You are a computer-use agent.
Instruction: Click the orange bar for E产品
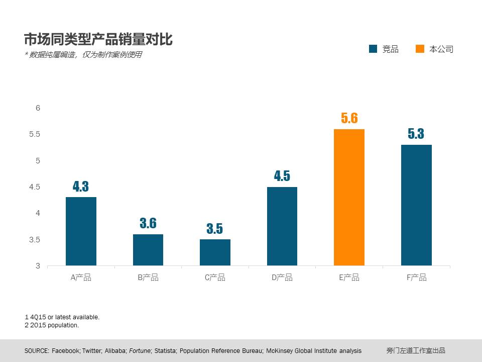pyautogui.click(x=349, y=197)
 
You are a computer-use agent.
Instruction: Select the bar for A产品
pyautogui.click(x=81, y=231)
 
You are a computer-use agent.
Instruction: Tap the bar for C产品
pyautogui.click(x=215, y=252)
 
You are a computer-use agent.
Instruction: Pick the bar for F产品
pyautogui.click(x=416, y=205)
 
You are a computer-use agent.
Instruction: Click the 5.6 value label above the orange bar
pyautogui.click(x=349, y=118)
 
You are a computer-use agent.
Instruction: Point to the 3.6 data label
pyautogui.click(x=148, y=223)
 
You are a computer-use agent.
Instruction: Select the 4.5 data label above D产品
pyautogui.click(x=282, y=176)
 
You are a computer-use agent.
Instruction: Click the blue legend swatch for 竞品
pyautogui.click(x=373, y=49)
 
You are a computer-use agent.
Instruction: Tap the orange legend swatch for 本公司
pyautogui.click(x=420, y=49)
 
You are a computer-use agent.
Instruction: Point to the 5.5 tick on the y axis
pyautogui.click(x=35, y=134)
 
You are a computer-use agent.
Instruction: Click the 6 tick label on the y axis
pyautogui.click(x=38, y=108)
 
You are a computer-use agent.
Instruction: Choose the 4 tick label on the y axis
pyautogui.click(x=38, y=213)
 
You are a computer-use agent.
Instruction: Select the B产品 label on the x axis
pyautogui.click(x=148, y=278)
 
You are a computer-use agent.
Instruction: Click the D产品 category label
pyautogui.click(x=282, y=278)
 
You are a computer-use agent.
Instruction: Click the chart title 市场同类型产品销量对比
pyautogui.click(x=98, y=39)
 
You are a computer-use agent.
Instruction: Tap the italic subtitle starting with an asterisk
pyautogui.click(x=83, y=55)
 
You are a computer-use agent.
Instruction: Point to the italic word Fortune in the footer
pyautogui.click(x=141, y=350)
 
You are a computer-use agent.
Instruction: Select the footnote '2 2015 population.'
pyautogui.click(x=52, y=325)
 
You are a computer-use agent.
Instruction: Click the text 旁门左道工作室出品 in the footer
pyautogui.click(x=416, y=350)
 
